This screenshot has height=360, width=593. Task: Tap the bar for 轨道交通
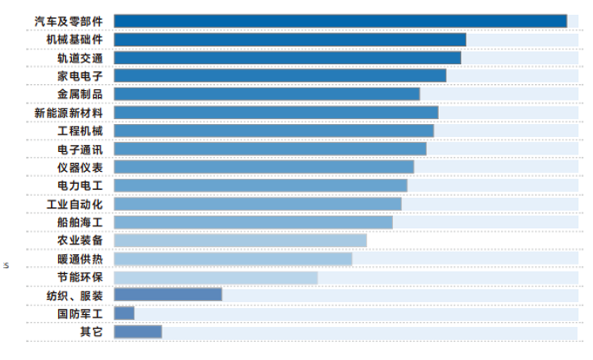287,57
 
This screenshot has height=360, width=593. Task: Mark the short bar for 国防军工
124,313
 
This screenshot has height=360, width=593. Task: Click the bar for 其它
137,331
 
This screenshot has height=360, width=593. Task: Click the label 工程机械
81,131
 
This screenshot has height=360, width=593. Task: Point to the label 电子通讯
81,149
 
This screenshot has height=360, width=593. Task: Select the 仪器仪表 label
81,167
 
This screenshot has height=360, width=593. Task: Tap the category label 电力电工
81,186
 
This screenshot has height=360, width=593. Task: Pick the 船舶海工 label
81,222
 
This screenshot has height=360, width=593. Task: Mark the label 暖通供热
81,259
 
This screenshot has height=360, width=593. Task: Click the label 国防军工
81,313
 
